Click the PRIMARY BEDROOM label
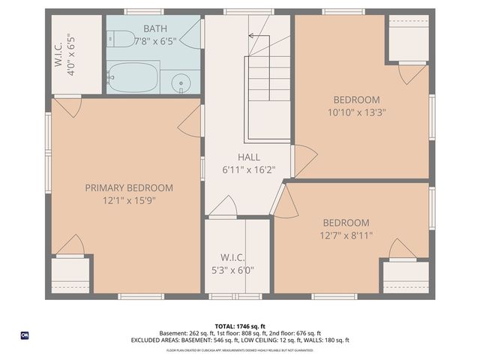click(128, 188)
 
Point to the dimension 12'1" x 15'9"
click(128, 201)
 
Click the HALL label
click(249, 157)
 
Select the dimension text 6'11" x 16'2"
click(249, 170)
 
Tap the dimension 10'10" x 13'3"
click(356, 112)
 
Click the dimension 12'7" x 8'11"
click(346, 235)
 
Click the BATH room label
click(156, 28)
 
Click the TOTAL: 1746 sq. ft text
click(239, 326)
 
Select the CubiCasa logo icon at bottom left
click(25, 334)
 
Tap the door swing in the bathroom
click(191, 34)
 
